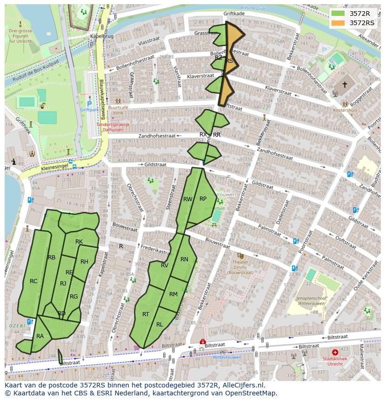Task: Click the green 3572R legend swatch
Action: click(338, 13)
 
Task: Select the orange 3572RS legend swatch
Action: click(338, 23)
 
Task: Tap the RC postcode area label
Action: click(33, 281)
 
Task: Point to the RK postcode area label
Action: click(79, 241)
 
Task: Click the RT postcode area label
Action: click(146, 314)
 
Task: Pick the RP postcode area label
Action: click(203, 198)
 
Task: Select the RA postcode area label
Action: click(40, 336)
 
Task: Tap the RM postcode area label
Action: click(173, 294)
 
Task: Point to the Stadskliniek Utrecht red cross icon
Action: click(335, 353)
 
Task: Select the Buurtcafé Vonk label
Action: click(118, 109)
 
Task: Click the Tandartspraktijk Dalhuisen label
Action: click(113, 127)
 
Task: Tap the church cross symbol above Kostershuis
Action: click(345, 85)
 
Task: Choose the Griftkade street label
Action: click(233, 14)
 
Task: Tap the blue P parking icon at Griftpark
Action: click(89, 104)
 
